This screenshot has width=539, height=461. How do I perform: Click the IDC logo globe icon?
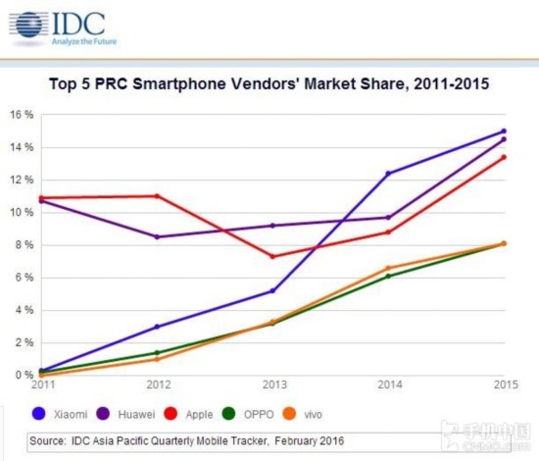pos(29,26)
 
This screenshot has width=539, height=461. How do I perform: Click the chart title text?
pos(269,84)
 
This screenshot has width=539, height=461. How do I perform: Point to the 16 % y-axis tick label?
pos(22,115)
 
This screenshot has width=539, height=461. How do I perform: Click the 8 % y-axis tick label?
pos(24,244)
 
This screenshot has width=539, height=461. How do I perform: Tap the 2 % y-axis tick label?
pos(24,342)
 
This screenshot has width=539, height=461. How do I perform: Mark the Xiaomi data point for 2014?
pos(388,174)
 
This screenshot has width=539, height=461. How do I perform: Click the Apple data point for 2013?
pos(272,257)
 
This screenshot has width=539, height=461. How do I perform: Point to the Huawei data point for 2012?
pos(157,236)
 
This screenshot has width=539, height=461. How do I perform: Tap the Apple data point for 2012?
pos(157,196)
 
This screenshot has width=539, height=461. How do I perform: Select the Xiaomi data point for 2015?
pos(504,131)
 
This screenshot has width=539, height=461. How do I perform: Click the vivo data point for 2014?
pos(388,268)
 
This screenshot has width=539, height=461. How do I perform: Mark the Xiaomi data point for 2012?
pos(157,327)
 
